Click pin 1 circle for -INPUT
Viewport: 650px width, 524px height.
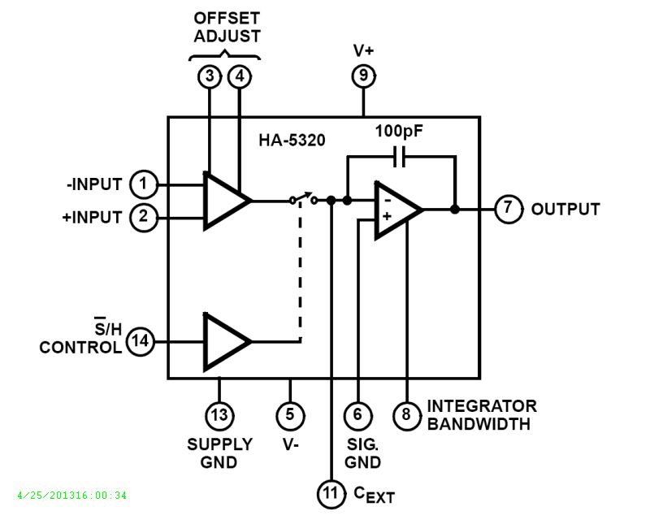144,184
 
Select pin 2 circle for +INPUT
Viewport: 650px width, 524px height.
144,218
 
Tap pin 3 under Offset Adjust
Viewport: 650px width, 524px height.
210,77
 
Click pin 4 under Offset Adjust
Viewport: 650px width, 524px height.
240,77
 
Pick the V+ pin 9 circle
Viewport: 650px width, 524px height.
363,76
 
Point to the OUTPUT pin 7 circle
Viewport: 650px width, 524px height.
508,209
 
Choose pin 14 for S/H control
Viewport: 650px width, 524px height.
141,342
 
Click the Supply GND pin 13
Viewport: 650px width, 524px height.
219,415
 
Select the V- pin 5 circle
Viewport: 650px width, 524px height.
290,415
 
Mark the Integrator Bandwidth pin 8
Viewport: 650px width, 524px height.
407,415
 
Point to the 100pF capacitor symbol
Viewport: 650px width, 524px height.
399,157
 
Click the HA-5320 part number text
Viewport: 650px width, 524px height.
292,141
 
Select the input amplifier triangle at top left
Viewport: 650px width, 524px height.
225,200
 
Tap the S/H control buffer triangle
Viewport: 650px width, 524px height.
225,341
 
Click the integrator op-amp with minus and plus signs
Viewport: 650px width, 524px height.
396,210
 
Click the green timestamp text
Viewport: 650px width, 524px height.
71,495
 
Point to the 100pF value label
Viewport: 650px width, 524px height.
400,131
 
